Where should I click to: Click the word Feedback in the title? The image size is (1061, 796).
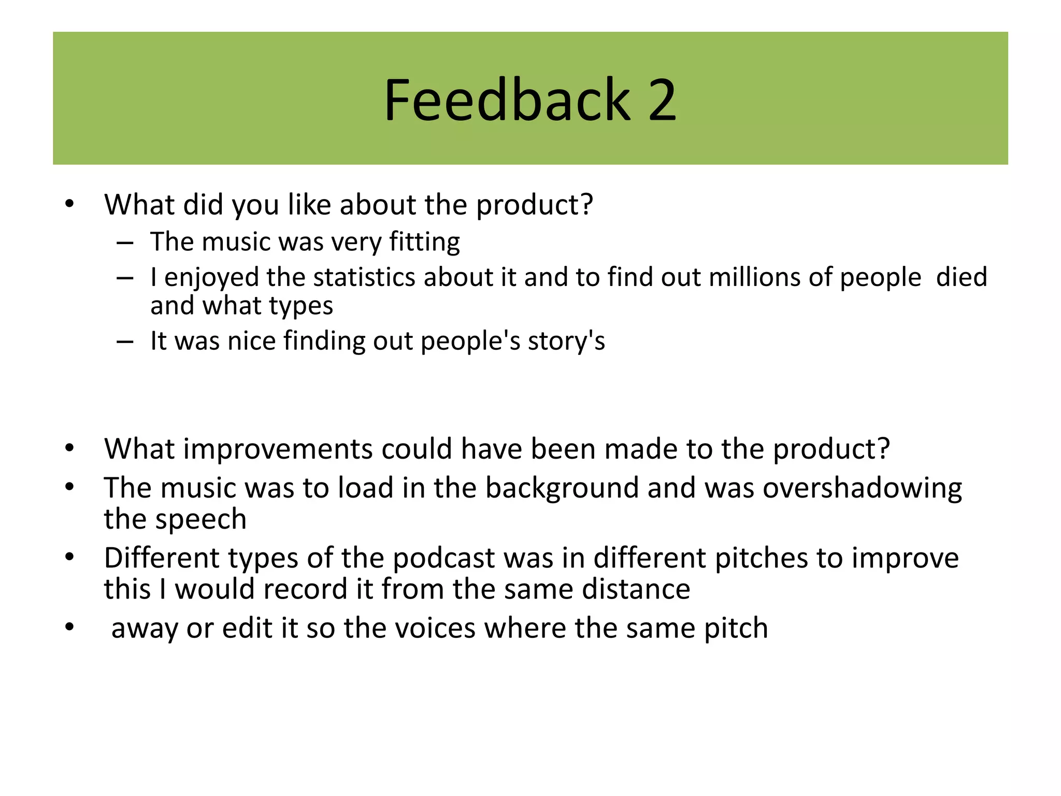pos(507,99)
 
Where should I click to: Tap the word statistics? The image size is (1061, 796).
pos(364,277)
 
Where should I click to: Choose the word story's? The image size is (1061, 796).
pos(566,341)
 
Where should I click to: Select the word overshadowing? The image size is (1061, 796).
pos(862,488)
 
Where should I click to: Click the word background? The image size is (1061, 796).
pos(562,488)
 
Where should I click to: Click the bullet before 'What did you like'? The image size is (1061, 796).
pos(70,204)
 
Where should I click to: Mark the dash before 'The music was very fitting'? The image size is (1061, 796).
pos(125,243)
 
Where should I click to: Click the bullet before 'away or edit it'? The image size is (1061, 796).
pos(70,628)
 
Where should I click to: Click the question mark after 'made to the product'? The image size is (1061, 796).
pos(883,449)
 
